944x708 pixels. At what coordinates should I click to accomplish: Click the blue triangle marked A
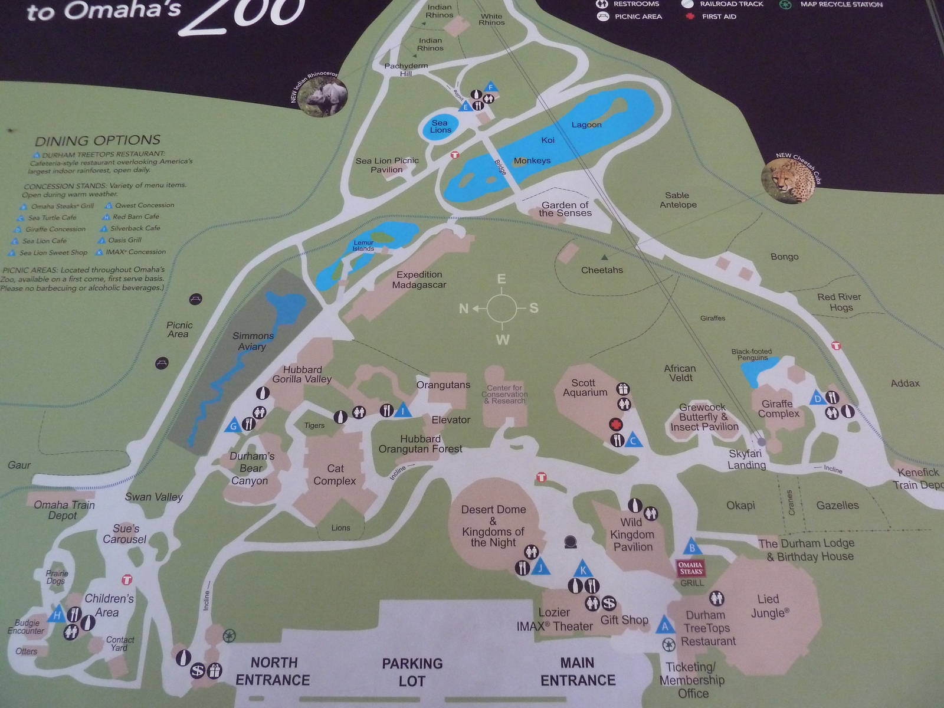pos(665,625)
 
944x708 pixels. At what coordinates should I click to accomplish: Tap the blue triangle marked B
pos(693,547)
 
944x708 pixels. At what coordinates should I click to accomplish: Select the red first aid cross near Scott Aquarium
pos(616,424)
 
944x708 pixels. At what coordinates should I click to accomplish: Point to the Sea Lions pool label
pos(440,126)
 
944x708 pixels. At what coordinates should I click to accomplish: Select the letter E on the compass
pos(501,279)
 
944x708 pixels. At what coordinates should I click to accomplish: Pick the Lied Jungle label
pos(768,606)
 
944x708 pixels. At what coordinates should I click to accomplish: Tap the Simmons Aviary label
pos(253,341)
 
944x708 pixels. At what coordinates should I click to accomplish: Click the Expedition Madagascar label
pos(419,280)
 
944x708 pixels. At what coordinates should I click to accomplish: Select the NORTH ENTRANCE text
pos(273,671)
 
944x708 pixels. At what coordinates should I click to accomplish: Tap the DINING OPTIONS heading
pos(97,140)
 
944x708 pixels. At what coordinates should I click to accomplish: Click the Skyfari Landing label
pos(746,459)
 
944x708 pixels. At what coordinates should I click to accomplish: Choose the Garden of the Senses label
pos(565,209)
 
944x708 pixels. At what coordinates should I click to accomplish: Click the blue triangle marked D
pos(817,397)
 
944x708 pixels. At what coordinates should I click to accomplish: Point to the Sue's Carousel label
pos(124,534)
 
